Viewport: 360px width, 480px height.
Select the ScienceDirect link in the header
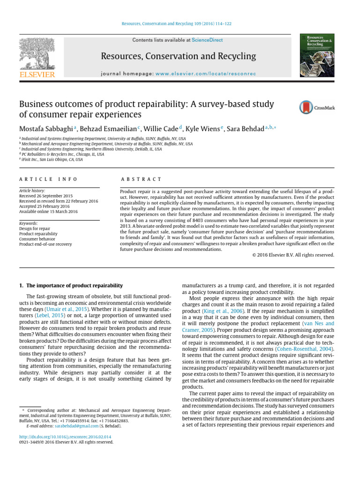coord(207,40)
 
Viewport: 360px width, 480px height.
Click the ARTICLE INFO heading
coord(48,179)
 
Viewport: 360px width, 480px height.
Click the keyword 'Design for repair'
coord(35,228)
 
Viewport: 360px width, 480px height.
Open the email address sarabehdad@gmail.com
coord(76,426)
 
